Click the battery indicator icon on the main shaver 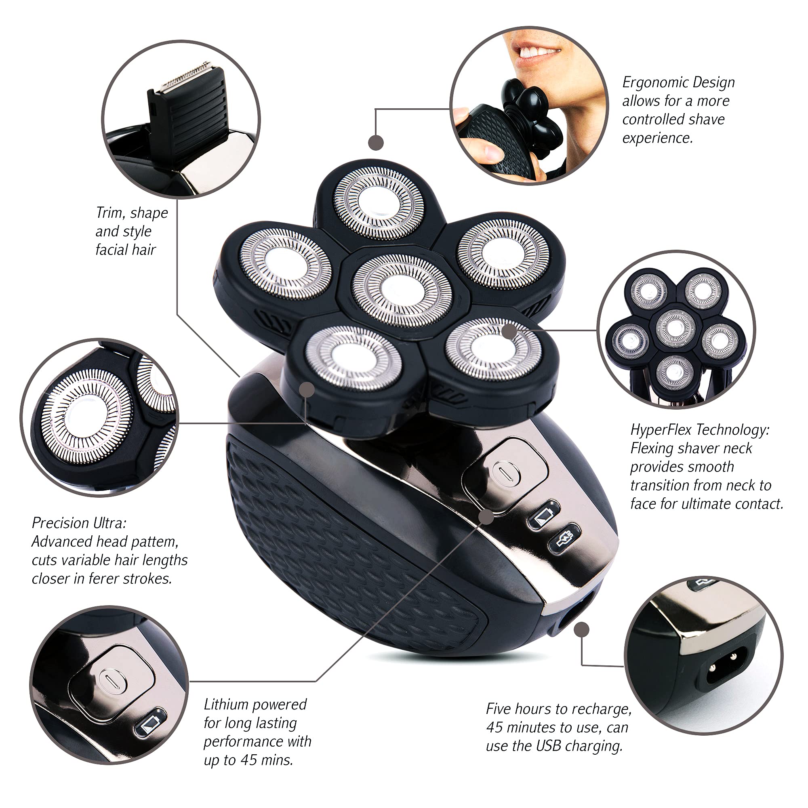544,514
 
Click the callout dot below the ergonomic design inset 376,143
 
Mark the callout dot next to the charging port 582,629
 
